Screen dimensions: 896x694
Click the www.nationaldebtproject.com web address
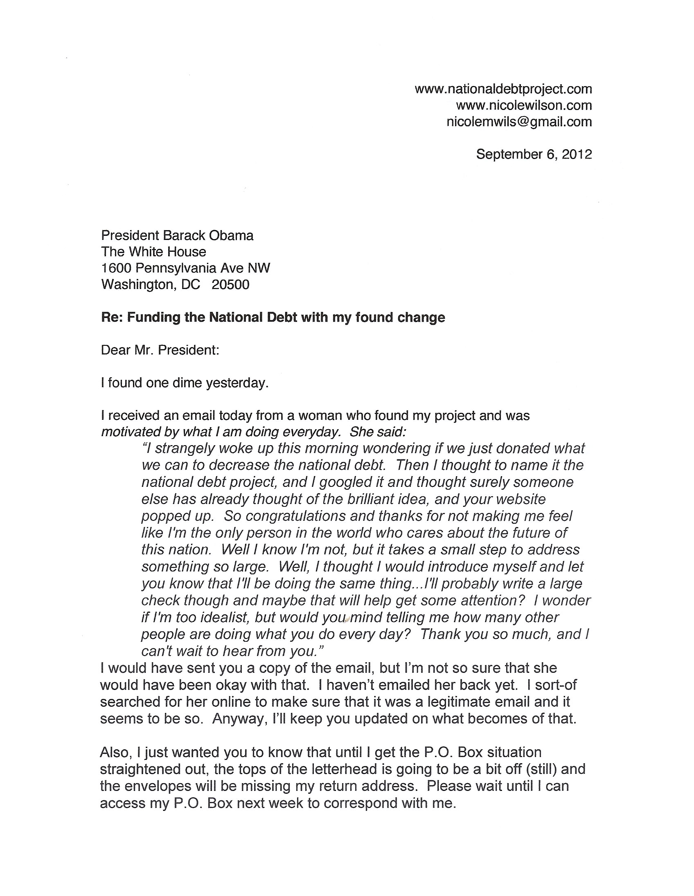pos(503,89)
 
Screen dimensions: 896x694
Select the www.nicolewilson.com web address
pos(524,105)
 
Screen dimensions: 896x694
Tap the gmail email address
pos(519,122)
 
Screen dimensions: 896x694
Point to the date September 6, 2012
pos(534,154)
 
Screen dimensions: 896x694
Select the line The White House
pos(153,252)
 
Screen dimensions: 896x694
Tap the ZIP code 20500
pos(230,285)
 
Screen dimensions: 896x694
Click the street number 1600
pos(116,268)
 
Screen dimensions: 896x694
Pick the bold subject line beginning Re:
pos(273,318)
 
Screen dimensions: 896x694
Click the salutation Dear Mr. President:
pos(160,350)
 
